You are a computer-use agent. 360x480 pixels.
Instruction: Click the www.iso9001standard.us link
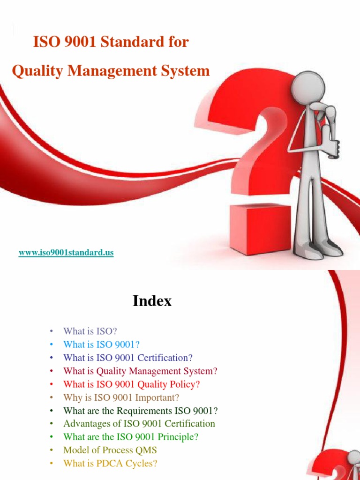[x=66, y=253]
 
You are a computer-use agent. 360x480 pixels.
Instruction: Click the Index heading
[x=152, y=301]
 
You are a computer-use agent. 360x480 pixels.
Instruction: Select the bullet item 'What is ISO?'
[x=90, y=331]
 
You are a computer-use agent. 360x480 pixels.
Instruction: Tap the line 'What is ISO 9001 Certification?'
[x=128, y=358]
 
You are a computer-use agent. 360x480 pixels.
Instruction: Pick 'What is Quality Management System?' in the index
[x=140, y=371]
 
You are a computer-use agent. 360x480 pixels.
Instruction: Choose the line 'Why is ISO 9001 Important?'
[x=121, y=397]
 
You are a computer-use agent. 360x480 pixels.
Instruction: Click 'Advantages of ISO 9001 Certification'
[x=139, y=424]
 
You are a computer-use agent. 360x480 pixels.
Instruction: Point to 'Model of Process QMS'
[x=110, y=450]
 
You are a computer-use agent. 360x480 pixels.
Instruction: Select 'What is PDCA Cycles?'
[x=110, y=464]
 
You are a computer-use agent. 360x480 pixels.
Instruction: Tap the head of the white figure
[x=308, y=87]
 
